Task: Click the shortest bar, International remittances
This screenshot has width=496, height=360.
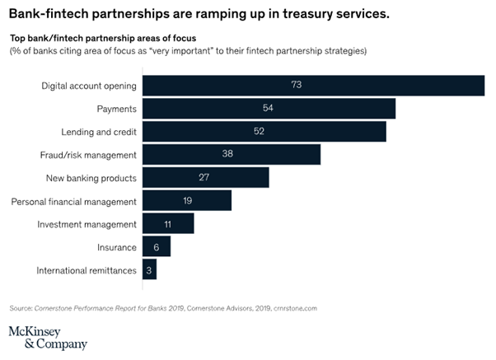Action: coord(149,270)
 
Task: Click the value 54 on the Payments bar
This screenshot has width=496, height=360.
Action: coord(267,109)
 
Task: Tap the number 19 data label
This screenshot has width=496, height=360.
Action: coord(187,201)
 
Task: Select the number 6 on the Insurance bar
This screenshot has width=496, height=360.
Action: coord(157,247)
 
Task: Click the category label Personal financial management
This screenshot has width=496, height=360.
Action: coord(73,201)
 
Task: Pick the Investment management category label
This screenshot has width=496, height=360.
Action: coord(87,224)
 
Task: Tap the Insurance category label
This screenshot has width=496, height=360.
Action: coord(115,247)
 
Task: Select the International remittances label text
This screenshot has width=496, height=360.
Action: coord(86,270)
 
